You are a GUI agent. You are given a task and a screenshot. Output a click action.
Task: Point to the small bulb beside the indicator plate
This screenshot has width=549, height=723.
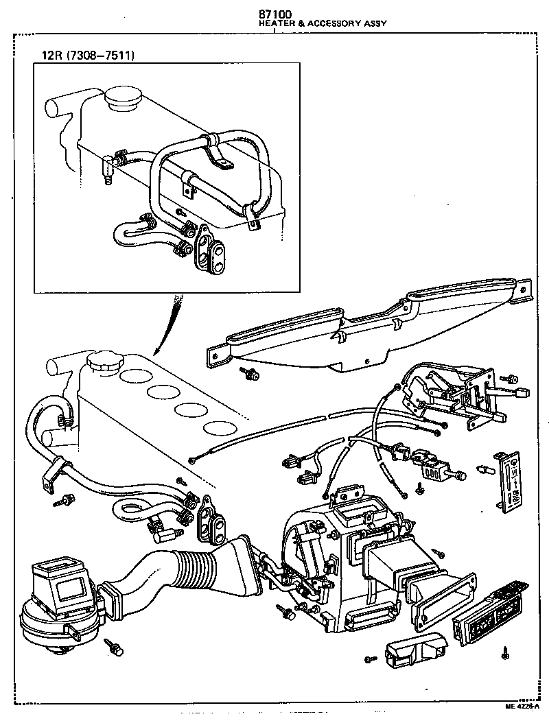(x=484, y=471)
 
